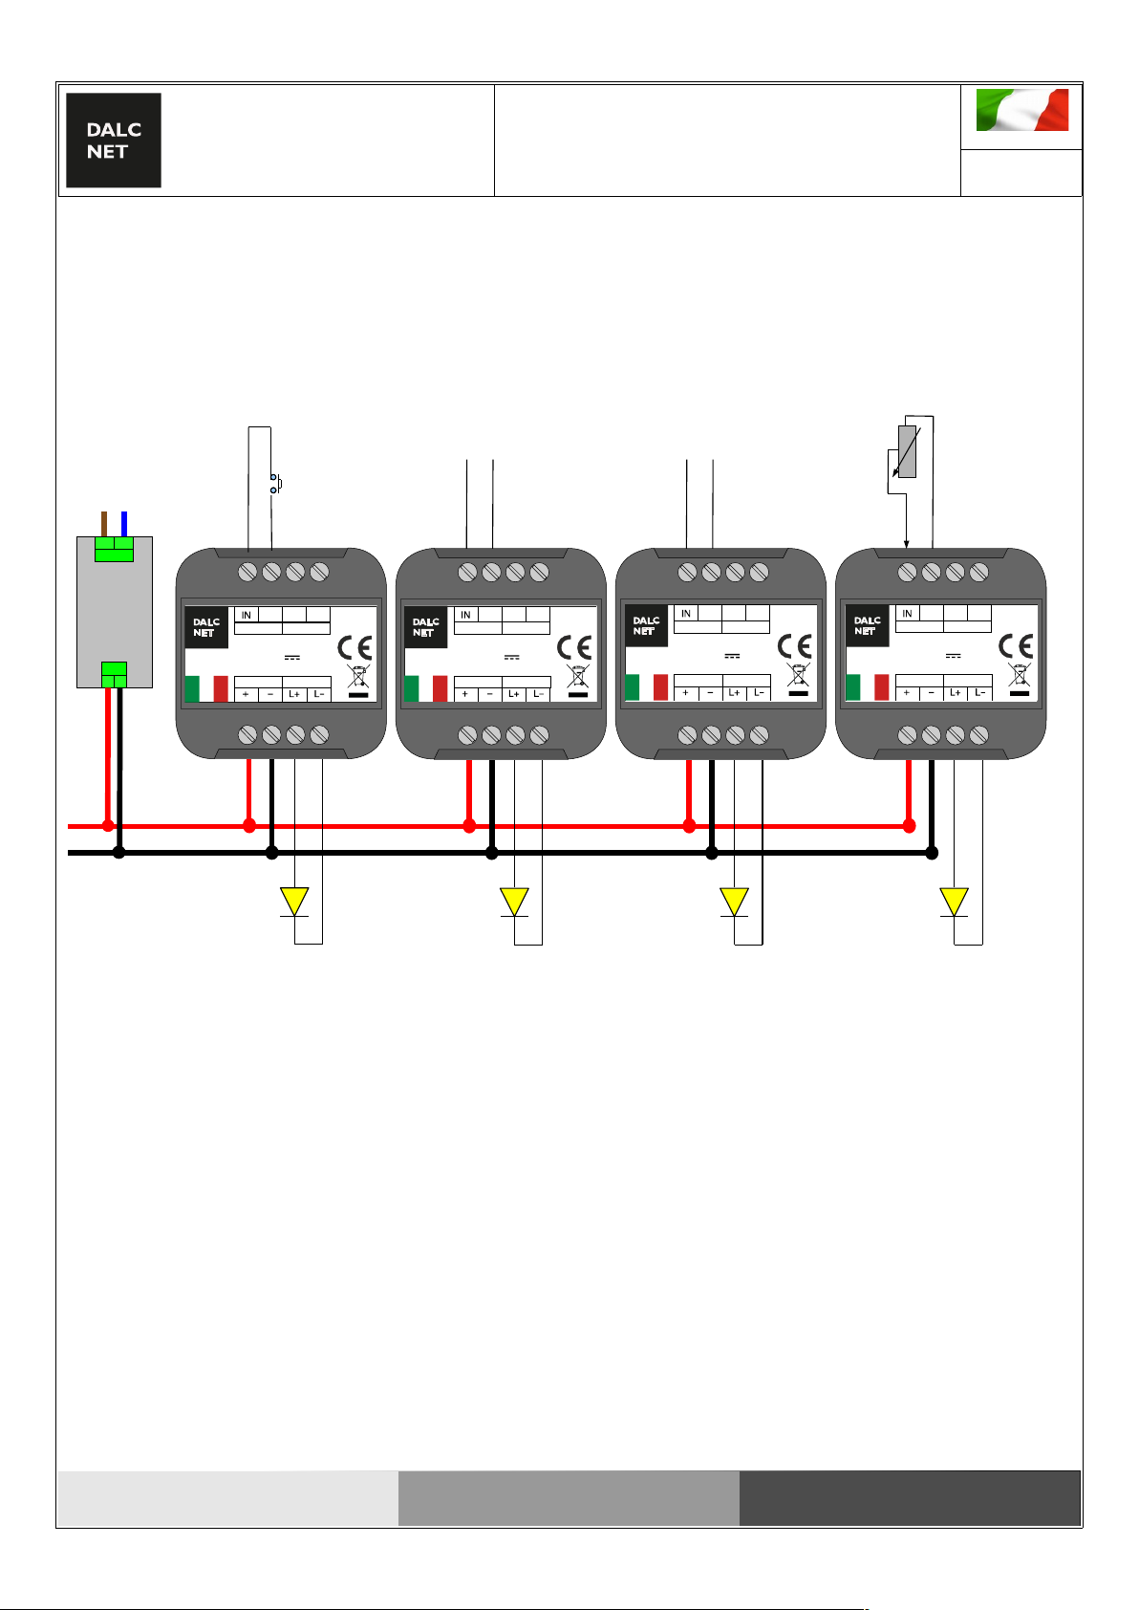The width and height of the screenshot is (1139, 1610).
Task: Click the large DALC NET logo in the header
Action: tap(114, 141)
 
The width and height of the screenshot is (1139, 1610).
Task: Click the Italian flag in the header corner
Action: tap(1021, 110)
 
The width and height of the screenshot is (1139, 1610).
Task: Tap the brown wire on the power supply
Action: tap(104, 524)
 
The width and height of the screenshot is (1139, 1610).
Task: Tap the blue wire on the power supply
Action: tap(124, 524)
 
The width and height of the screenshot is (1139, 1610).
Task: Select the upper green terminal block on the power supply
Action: tap(115, 549)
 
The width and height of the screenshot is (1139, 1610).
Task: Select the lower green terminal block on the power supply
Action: tap(115, 675)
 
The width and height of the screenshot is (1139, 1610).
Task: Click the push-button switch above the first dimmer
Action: tap(275, 484)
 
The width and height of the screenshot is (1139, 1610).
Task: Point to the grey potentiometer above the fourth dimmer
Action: tap(907, 451)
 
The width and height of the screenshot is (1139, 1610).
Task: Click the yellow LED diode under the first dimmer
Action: tap(294, 902)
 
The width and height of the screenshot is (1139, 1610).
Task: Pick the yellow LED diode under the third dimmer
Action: tap(734, 902)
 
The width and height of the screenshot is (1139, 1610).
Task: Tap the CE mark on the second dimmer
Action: tap(574, 647)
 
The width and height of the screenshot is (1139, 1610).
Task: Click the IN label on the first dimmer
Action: tap(247, 616)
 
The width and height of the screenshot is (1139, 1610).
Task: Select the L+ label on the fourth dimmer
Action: tap(956, 693)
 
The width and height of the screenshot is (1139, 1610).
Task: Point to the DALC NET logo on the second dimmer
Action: tap(425, 627)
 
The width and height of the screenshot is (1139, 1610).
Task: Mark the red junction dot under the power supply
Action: tap(108, 826)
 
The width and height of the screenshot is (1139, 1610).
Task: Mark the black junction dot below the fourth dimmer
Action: tap(932, 853)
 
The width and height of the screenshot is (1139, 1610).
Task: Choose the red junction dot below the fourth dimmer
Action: tap(909, 826)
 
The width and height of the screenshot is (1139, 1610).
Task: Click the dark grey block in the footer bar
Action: tap(910, 1498)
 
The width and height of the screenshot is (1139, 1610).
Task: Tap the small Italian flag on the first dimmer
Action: tap(206, 688)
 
